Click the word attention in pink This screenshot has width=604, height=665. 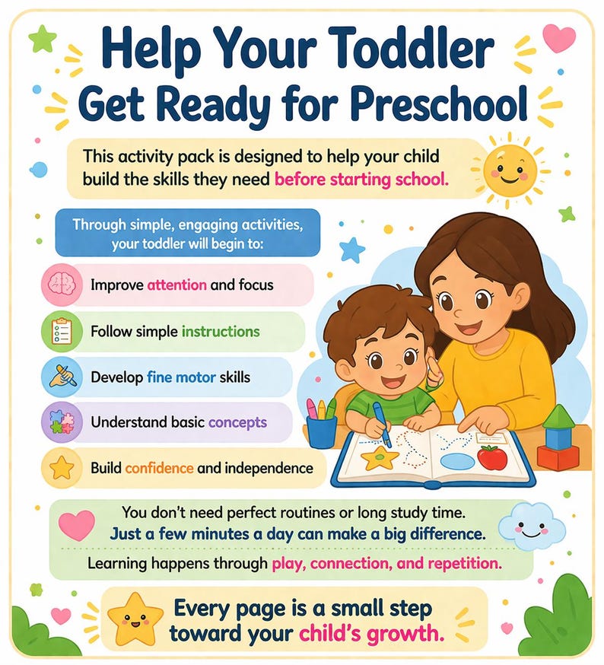[177, 285]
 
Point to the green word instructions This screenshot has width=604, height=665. [221, 332]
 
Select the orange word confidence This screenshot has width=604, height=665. [158, 468]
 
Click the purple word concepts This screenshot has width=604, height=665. [237, 422]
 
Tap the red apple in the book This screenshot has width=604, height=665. [491, 457]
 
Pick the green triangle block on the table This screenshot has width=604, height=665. [559, 417]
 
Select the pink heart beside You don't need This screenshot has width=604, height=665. [77, 524]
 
